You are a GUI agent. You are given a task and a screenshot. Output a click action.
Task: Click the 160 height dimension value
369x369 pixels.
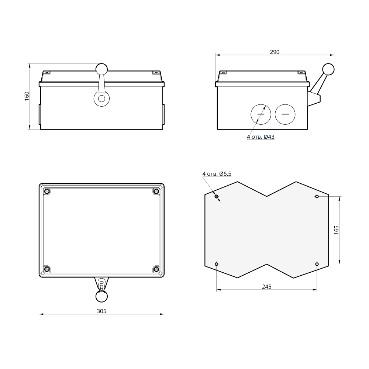pyautogui.click(x=27, y=96)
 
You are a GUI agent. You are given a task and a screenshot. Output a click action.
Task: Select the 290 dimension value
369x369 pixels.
pyautogui.click(x=275, y=52)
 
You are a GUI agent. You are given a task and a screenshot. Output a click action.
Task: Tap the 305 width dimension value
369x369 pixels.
pyautogui.click(x=101, y=311)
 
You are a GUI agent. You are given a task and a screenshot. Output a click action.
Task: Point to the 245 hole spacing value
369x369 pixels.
pyautogui.click(x=267, y=287)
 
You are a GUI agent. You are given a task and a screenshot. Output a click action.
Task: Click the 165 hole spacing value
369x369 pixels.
pyautogui.click(x=336, y=230)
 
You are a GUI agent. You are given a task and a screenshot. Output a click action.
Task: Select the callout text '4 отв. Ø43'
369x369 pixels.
pyautogui.click(x=261, y=137)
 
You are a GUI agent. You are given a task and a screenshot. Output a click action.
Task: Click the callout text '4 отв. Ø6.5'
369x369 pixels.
pyautogui.click(x=217, y=174)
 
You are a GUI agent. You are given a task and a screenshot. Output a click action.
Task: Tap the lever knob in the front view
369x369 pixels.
pyautogui.click(x=101, y=69)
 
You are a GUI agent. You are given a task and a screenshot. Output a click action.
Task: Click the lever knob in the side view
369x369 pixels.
pyautogui.click(x=328, y=69)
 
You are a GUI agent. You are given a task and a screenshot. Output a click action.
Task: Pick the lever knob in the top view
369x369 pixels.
pyautogui.click(x=101, y=296)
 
